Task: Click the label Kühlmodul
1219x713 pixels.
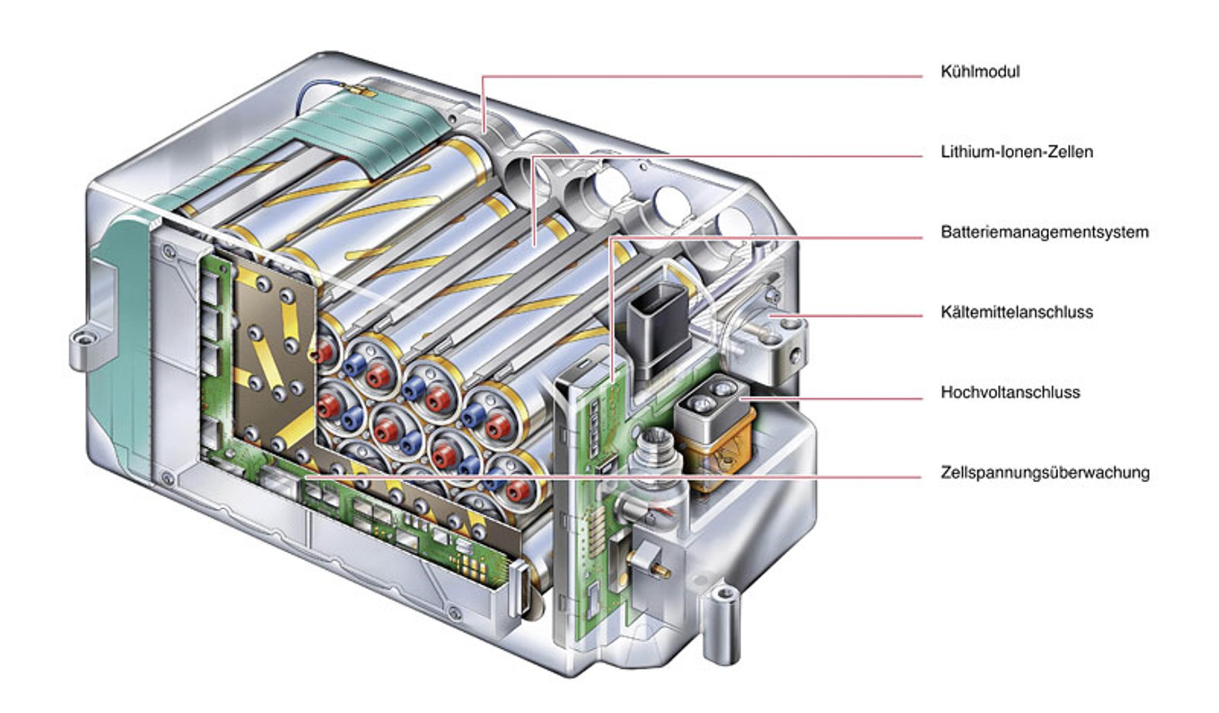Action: (x=980, y=71)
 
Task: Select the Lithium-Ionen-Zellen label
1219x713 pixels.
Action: (x=1016, y=152)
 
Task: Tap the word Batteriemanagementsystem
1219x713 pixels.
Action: (x=1044, y=232)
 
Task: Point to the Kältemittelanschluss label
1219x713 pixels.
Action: (x=1016, y=312)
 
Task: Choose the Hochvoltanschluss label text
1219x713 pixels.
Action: (x=1010, y=392)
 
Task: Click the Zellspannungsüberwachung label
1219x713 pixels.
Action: (x=1045, y=473)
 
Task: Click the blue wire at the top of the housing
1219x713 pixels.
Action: (x=324, y=91)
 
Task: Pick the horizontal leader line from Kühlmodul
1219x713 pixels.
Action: (x=700, y=76)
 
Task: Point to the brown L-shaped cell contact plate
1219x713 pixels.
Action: (x=272, y=363)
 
